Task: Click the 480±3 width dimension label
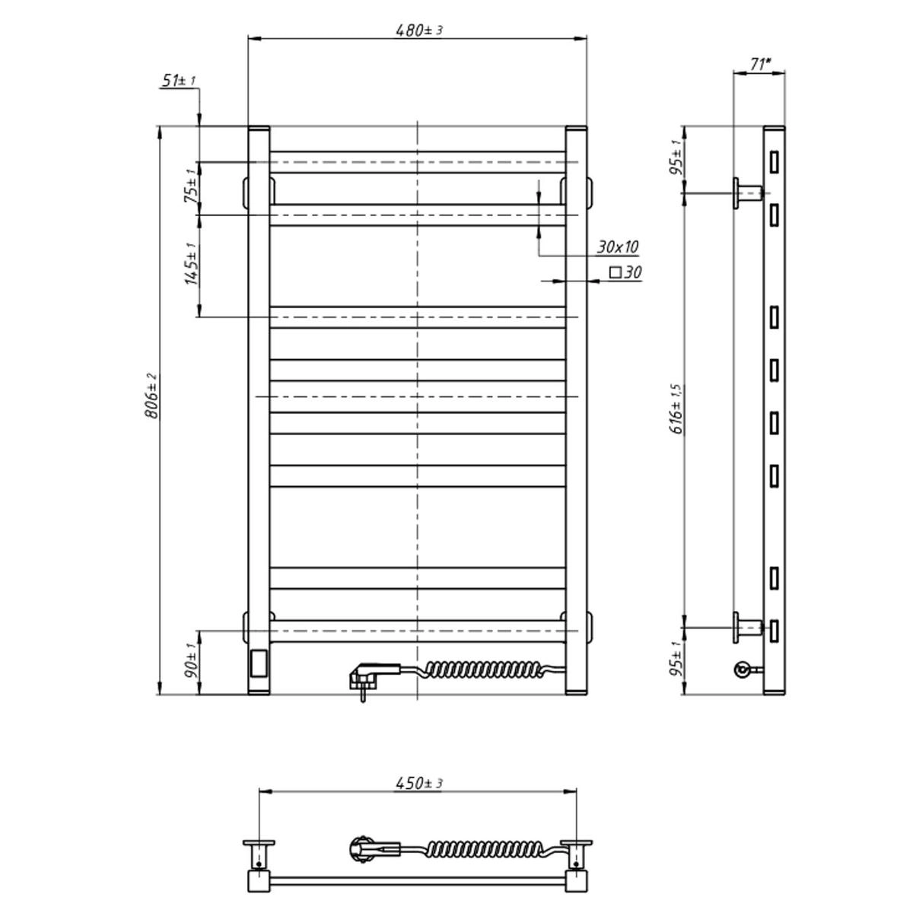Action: [418, 30]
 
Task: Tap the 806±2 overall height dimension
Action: [151, 396]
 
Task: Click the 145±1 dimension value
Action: [190, 264]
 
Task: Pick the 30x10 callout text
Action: [617, 247]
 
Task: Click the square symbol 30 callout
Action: [625, 272]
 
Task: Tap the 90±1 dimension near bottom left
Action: [190, 660]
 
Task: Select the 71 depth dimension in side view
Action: [760, 64]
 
